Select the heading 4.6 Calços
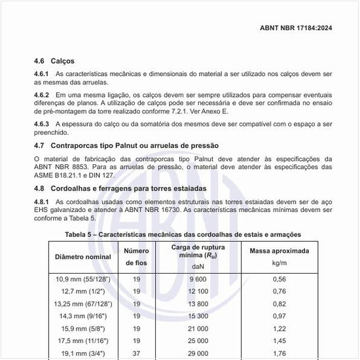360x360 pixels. [x=54, y=61]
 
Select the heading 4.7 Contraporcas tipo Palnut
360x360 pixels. [x=126, y=145]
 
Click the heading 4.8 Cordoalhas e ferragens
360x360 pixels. [x=120, y=189]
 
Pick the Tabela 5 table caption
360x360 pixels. [x=183, y=234]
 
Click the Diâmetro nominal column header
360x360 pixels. [x=82, y=257]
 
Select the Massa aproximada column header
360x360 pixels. [x=279, y=251]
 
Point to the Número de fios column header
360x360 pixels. [x=137, y=257]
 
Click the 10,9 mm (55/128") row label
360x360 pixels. [x=82, y=279]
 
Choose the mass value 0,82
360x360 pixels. [x=279, y=304]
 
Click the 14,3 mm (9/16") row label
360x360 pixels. [x=82, y=316]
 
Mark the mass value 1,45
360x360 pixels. [x=279, y=341]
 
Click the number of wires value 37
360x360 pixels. [x=137, y=353]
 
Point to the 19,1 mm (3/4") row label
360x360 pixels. [x=82, y=353]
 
